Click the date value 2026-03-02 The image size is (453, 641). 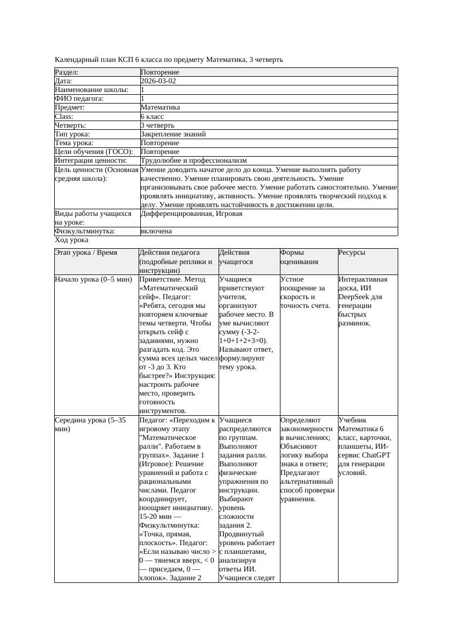(158, 81)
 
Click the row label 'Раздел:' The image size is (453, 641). (67, 72)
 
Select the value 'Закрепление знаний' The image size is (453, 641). (173, 134)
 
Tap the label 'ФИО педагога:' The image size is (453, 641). (79, 99)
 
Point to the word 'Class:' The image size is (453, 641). (64, 117)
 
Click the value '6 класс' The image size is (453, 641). (152, 117)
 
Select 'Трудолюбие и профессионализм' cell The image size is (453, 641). (193, 161)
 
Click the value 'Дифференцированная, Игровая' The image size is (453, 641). (191, 214)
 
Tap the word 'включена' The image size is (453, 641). (156, 231)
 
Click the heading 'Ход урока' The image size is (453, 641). (72, 240)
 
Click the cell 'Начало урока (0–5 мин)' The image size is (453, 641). (94, 279)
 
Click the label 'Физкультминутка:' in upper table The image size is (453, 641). (85, 231)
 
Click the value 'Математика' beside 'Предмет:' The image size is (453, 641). (160, 108)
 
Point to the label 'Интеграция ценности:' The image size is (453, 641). (90, 161)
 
